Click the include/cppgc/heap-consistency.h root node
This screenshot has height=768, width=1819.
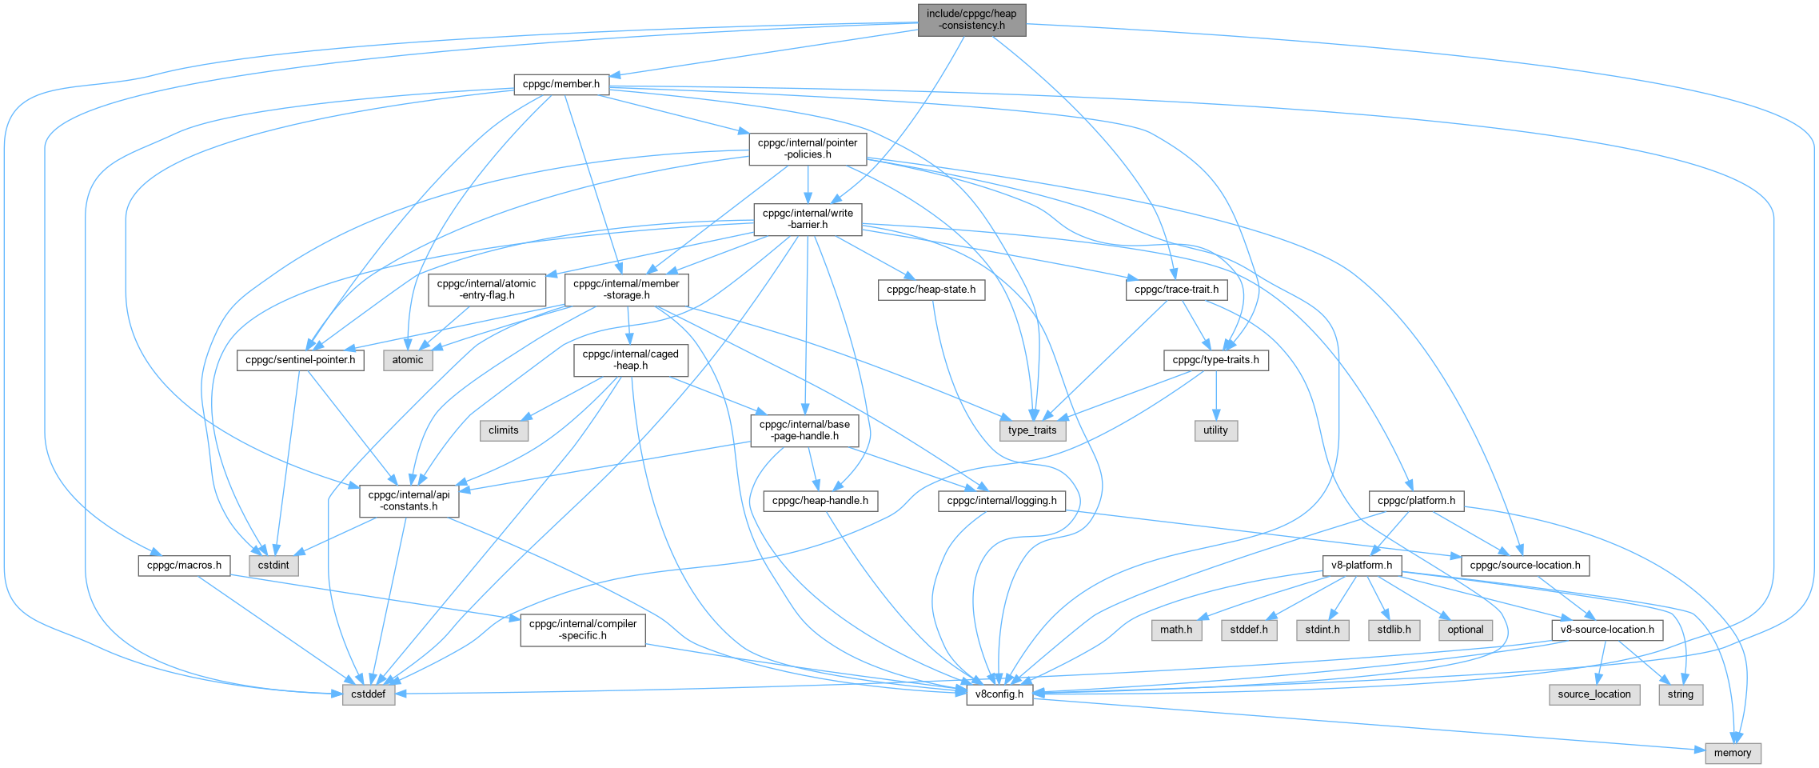tap(971, 19)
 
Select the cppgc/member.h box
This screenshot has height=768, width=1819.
tap(561, 84)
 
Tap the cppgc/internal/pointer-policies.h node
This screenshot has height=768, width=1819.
tap(808, 148)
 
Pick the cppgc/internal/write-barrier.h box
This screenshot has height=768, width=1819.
tap(808, 218)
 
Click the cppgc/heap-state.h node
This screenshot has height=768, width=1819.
tap(931, 290)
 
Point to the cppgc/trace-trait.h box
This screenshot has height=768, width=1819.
tap(1176, 290)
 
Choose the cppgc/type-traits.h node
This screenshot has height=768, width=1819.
tap(1215, 360)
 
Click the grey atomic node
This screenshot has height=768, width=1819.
tap(408, 360)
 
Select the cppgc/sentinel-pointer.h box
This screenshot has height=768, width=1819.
tap(300, 360)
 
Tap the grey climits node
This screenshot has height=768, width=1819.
tap(504, 430)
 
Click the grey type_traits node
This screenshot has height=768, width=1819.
tap(1032, 430)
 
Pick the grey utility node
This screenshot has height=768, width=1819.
tap(1215, 430)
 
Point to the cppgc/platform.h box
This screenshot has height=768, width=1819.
tap(1416, 501)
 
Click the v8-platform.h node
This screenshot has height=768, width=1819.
tap(1361, 566)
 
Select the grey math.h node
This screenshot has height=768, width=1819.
tap(1176, 630)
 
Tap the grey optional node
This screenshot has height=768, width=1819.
tap(1465, 630)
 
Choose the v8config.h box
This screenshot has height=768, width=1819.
tap(999, 694)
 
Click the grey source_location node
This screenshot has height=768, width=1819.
tap(1594, 694)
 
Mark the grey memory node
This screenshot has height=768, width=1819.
tap(1733, 753)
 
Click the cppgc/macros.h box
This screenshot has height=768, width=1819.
tap(184, 566)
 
